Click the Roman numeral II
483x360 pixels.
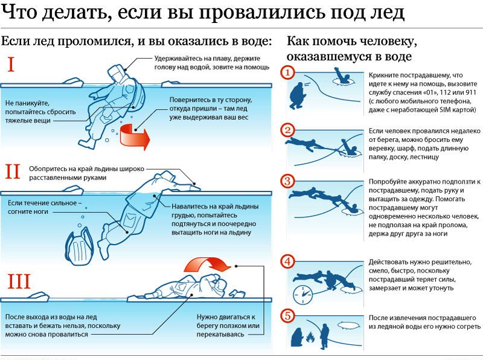click(x=13, y=172)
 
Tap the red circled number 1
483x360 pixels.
click(x=289, y=72)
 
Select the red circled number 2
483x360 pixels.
click(x=289, y=130)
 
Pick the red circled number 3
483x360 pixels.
click(x=289, y=181)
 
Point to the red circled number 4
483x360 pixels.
click(x=289, y=262)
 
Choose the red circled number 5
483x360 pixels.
click(x=289, y=315)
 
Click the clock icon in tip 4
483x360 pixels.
click(x=302, y=295)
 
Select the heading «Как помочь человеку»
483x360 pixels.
click(x=352, y=42)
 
